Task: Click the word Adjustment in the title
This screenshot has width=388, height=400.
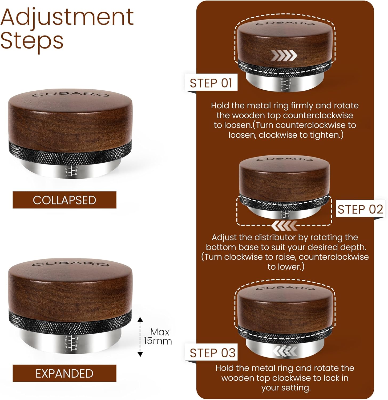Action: coord(67,18)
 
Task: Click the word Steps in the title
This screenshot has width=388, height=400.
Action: coord(32,41)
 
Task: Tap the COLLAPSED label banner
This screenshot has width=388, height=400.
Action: coord(64,200)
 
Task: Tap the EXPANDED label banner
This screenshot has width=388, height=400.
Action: coord(64,373)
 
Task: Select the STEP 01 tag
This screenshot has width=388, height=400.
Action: coord(211,83)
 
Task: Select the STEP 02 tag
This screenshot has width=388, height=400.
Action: coord(360,209)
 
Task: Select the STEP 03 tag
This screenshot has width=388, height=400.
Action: coord(213,353)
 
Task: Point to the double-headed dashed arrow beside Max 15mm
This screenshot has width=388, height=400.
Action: coord(140,337)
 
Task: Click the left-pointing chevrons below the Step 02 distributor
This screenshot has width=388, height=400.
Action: coord(284,226)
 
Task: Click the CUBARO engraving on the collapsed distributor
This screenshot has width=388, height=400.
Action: coord(71,95)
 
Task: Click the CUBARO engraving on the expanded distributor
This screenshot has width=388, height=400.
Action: coord(71,264)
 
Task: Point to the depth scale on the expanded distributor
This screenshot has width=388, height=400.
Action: coord(71,343)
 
